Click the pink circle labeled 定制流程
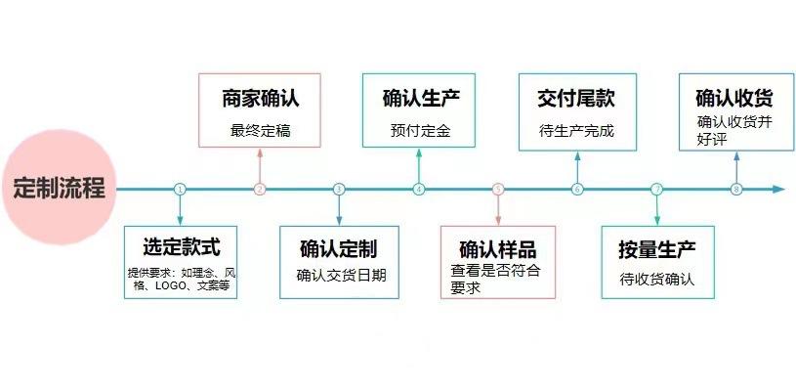pos(60,188)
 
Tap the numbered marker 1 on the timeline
pos(180,190)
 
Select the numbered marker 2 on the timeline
pos(260,190)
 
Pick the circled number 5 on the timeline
pos(498,190)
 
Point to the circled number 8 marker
pos(736,190)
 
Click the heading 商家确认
pos(261,99)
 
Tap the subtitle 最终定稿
pos(261,131)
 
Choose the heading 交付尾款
pos(576,99)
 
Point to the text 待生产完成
pos(576,131)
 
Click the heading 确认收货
pos(734,99)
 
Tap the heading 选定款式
pos(182,247)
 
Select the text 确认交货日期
pos(341,276)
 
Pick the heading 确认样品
pos(498,250)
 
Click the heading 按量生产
pos(657,250)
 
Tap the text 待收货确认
pos(657,280)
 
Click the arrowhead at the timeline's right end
pos(779,190)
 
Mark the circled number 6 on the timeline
pos(577,190)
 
